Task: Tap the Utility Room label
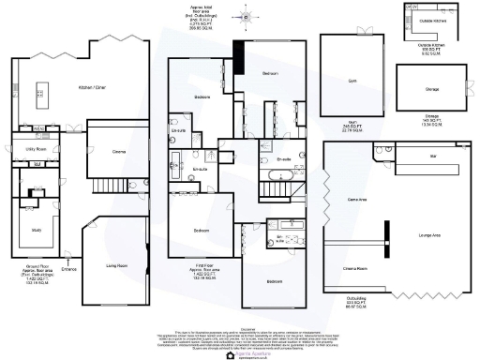click(35, 149)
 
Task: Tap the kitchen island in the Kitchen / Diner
click(41, 92)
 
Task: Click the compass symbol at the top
click(246, 15)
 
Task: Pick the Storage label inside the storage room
click(433, 90)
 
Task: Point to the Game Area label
click(357, 200)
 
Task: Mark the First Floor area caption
click(194, 275)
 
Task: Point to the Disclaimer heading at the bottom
click(240, 328)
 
